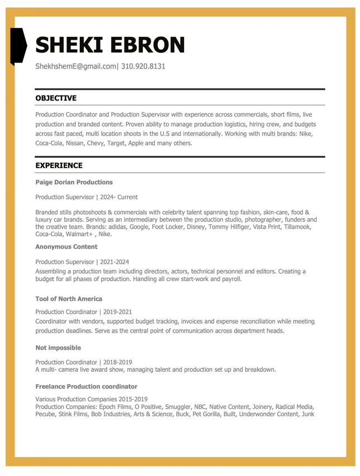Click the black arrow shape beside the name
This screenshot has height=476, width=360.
tap(18, 45)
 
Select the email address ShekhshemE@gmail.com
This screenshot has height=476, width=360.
tap(75, 66)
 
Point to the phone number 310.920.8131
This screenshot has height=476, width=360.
tap(143, 66)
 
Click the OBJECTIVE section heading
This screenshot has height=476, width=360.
tap(56, 98)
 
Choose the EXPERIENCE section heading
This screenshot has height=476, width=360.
tap(59, 166)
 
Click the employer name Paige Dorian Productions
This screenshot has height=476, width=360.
tap(74, 182)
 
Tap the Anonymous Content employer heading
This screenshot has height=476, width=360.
tap(66, 247)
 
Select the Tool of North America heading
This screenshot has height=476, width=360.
tap(69, 299)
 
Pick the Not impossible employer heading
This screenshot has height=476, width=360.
tap(58, 348)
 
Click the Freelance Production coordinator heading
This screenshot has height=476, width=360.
tap(86, 387)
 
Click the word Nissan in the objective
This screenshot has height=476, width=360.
tap(75, 143)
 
